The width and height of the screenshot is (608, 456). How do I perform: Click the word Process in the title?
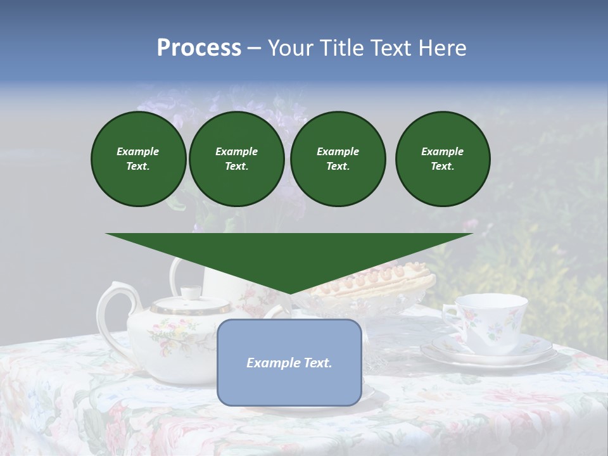199,48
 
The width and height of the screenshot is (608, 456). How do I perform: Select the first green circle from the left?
138,159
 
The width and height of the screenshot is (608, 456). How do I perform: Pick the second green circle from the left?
236,159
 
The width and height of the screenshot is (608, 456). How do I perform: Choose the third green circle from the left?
338,159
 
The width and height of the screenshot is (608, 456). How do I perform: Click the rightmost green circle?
442,159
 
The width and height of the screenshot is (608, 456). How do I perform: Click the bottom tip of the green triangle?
289,293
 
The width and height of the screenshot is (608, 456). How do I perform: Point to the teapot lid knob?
189,293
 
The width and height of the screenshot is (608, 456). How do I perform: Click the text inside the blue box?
289,363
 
